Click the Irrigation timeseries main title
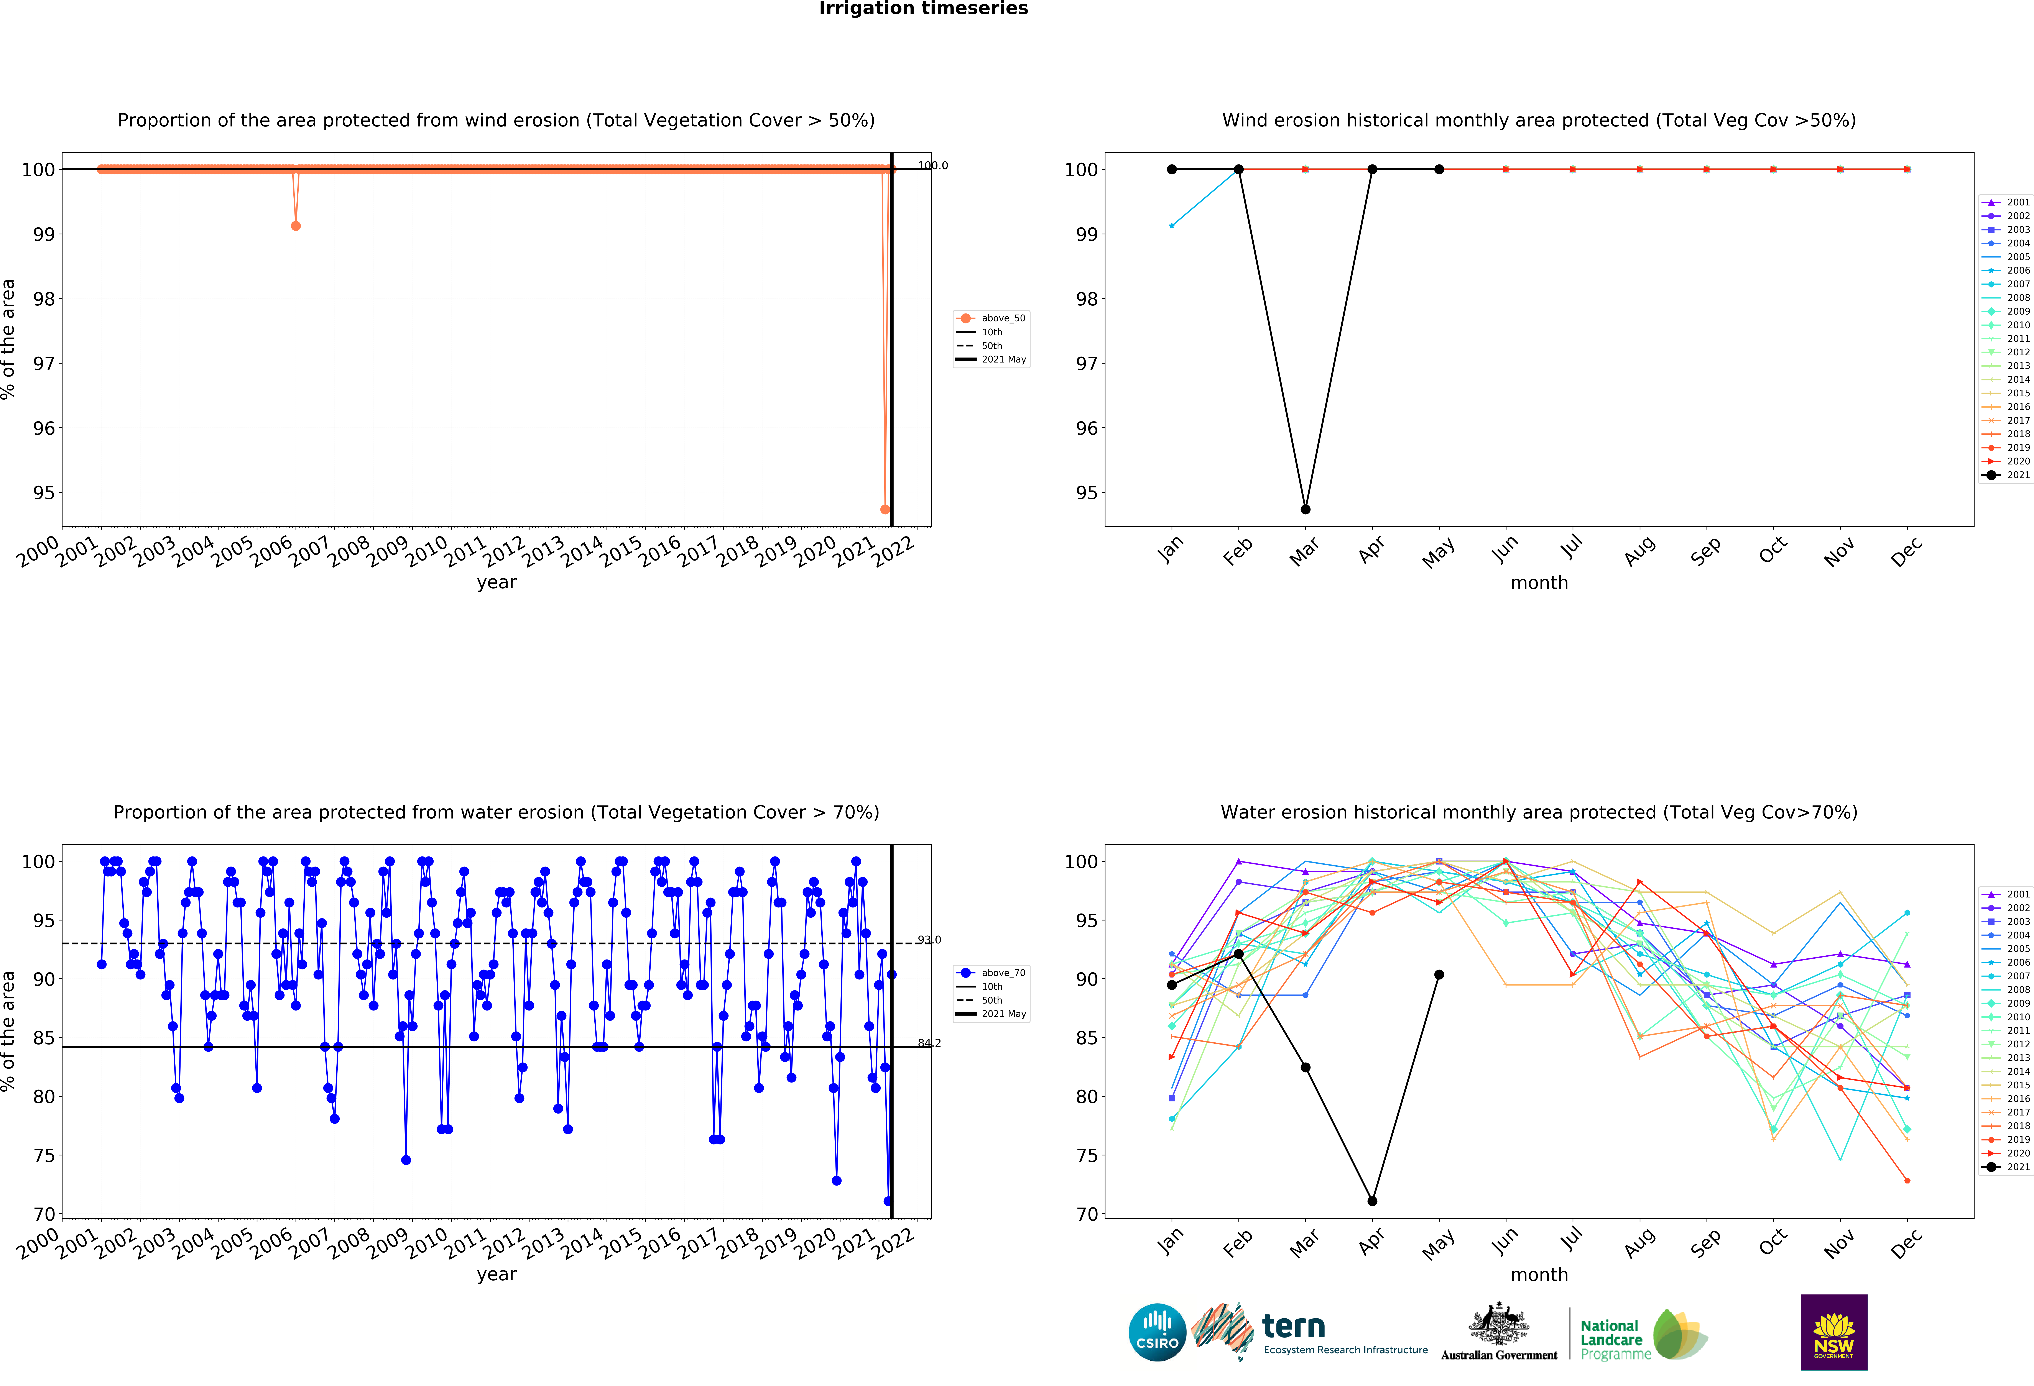click(x=923, y=9)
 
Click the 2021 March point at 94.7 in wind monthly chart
click(x=1305, y=509)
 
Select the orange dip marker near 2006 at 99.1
click(x=296, y=226)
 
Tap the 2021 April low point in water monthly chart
click(x=1372, y=1201)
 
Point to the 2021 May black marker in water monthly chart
click(x=1439, y=975)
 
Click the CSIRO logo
click(x=1157, y=1333)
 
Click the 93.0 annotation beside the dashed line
click(x=929, y=940)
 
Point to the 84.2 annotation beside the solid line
click(x=929, y=1043)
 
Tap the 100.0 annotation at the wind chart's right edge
click(x=933, y=165)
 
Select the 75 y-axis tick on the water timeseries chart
click(x=44, y=1156)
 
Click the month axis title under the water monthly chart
click(x=1539, y=1275)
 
